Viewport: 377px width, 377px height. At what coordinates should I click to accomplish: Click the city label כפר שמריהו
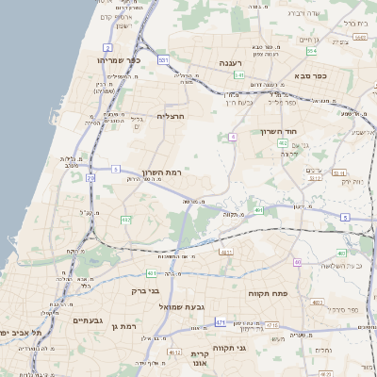[x=118, y=59]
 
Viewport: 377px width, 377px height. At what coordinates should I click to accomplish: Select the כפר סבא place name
[x=307, y=74]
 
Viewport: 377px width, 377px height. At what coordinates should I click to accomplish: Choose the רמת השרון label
[x=161, y=172]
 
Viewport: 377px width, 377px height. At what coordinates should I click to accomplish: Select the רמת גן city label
[x=123, y=326]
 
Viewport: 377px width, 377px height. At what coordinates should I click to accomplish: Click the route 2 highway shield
[x=108, y=46]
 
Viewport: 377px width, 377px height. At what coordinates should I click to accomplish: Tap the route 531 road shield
[x=163, y=59]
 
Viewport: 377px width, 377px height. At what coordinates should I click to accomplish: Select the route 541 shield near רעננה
[x=239, y=74]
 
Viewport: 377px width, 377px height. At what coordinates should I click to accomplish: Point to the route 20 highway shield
[x=90, y=177]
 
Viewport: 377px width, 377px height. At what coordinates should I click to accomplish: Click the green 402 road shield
[x=283, y=142]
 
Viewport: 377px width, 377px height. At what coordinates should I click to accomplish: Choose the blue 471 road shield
[x=221, y=322]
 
